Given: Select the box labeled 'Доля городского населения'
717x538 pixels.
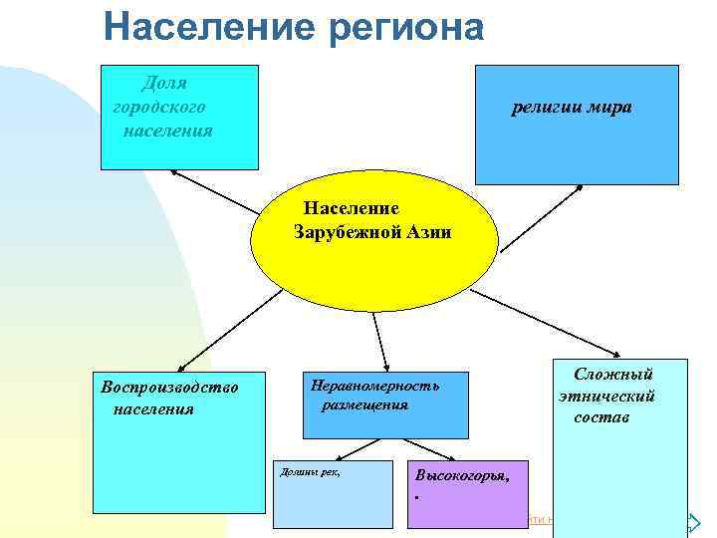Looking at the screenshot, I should pos(179,117).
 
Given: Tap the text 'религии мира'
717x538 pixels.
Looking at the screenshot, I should pos(571,108).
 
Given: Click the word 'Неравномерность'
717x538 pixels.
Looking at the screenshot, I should pos(374,385).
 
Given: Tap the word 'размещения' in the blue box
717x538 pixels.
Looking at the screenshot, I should pos(363,404).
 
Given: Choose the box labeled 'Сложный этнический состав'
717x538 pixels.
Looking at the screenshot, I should pos(619,448).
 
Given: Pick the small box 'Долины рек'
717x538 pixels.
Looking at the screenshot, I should pos(333,493).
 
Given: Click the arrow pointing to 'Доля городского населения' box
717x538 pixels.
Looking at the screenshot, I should pos(214,190).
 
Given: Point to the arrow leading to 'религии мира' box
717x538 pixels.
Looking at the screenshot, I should pos(541,218).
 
